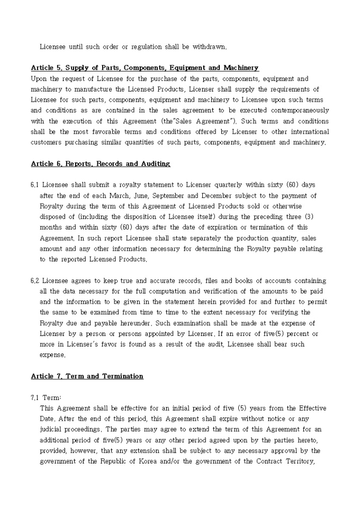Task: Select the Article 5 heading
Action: (145, 68)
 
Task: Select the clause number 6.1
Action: (35, 185)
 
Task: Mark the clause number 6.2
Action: (35, 280)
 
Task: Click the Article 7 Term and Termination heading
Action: (87, 376)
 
